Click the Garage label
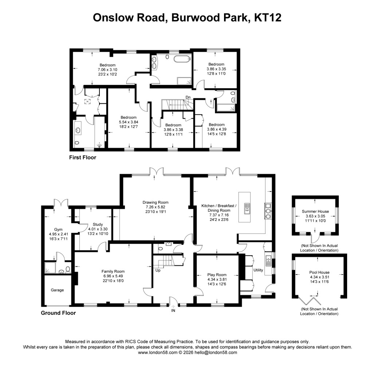[57, 290]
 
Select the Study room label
[98, 224]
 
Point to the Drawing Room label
[156, 203]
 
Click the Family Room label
[113, 271]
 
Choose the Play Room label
[217, 275]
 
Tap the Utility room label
[258, 270]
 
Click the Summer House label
[315, 211]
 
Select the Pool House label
[319, 272]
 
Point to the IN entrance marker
[173, 311]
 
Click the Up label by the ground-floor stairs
[158, 270]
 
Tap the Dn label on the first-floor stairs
[188, 97]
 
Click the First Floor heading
[83, 158]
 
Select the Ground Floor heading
[58, 313]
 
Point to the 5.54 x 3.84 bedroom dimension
[129, 122]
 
